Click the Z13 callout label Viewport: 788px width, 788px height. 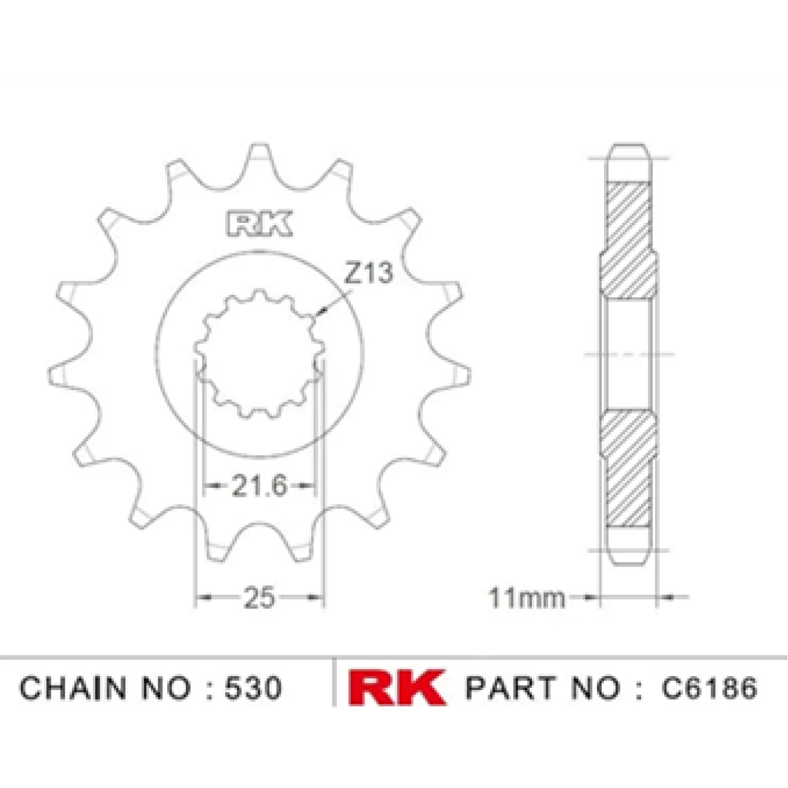tap(369, 273)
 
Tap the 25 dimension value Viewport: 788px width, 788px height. tap(259, 597)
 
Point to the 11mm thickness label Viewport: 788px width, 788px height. tap(527, 598)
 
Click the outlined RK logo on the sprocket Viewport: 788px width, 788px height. tap(259, 223)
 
